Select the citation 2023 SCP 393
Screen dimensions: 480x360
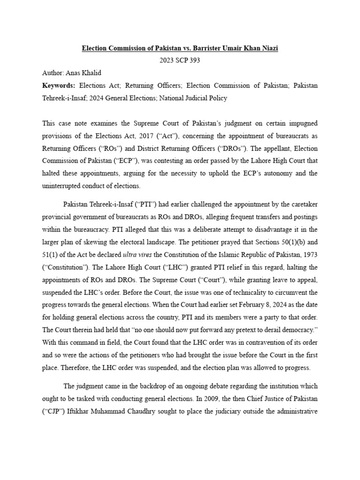click(180, 61)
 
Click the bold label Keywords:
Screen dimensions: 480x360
click(59, 86)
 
